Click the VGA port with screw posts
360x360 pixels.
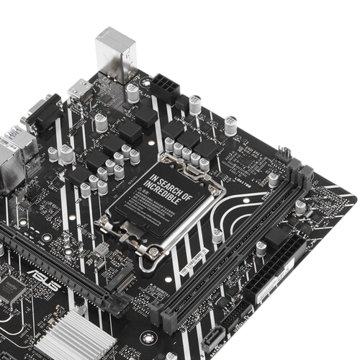click(34, 115)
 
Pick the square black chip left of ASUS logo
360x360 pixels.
click(12, 288)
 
